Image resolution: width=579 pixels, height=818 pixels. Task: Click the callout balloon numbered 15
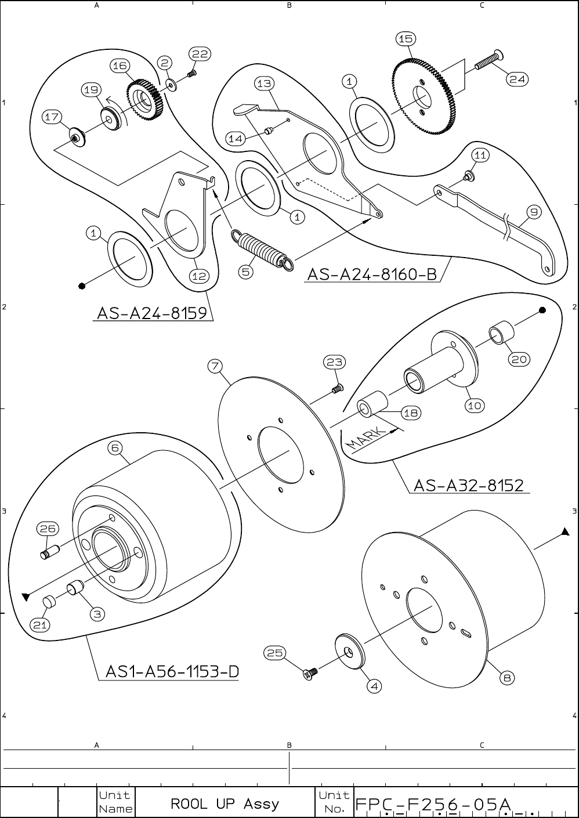pos(405,39)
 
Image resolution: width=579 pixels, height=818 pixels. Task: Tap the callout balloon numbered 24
pos(518,79)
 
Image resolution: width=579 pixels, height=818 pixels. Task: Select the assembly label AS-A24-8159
pos(152,313)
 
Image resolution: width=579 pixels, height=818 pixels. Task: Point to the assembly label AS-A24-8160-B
pos(371,274)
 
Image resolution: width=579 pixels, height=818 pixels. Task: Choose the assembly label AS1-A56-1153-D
pos(172,672)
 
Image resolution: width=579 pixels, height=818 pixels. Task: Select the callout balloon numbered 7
pos(215,366)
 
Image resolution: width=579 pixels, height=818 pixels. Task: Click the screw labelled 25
pos(310,674)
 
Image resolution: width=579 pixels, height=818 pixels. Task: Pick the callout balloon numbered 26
pos(47,529)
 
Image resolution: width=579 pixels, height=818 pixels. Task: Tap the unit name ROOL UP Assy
pos(225,804)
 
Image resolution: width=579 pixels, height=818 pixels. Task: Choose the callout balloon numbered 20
pos(519,360)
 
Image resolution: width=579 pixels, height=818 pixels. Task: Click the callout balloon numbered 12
pos(200,276)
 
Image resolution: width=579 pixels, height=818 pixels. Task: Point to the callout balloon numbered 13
pos(264,84)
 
